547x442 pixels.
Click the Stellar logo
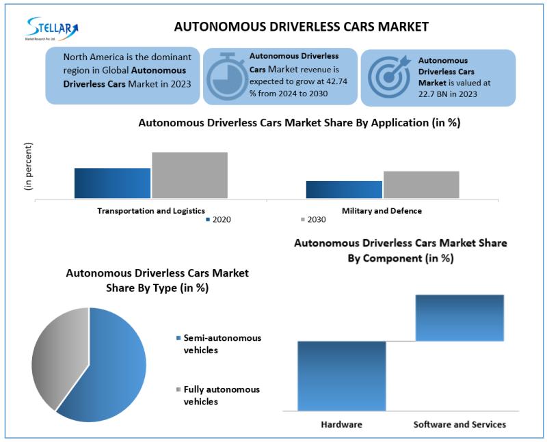pyautogui.click(x=52, y=29)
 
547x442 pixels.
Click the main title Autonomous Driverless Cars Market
pyautogui.click(x=302, y=27)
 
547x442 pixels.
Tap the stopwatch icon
pyautogui.click(x=226, y=75)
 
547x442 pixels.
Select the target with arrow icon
pyautogui.click(x=389, y=77)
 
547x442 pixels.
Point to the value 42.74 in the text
pyautogui.click(x=336, y=81)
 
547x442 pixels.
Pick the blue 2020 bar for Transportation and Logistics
pyautogui.click(x=112, y=183)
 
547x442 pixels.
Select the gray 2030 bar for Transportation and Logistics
pyautogui.click(x=190, y=176)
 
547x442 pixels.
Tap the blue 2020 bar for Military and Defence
pyautogui.click(x=344, y=190)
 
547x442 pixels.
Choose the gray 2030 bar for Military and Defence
pyautogui.click(x=421, y=184)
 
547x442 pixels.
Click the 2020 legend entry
pyautogui.click(x=218, y=219)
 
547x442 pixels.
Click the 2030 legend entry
pyautogui.click(x=313, y=219)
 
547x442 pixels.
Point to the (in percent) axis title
pyautogui.click(x=28, y=166)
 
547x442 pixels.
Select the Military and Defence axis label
pyautogui.click(x=382, y=211)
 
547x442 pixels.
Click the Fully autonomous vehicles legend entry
pyautogui.click(x=218, y=396)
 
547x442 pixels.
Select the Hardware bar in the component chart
pyautogui.click(x=342, y=376)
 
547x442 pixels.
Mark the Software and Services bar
pyautogui.click(x=459, y=318)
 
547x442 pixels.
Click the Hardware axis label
pyautogui.click(x=341, y=424)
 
